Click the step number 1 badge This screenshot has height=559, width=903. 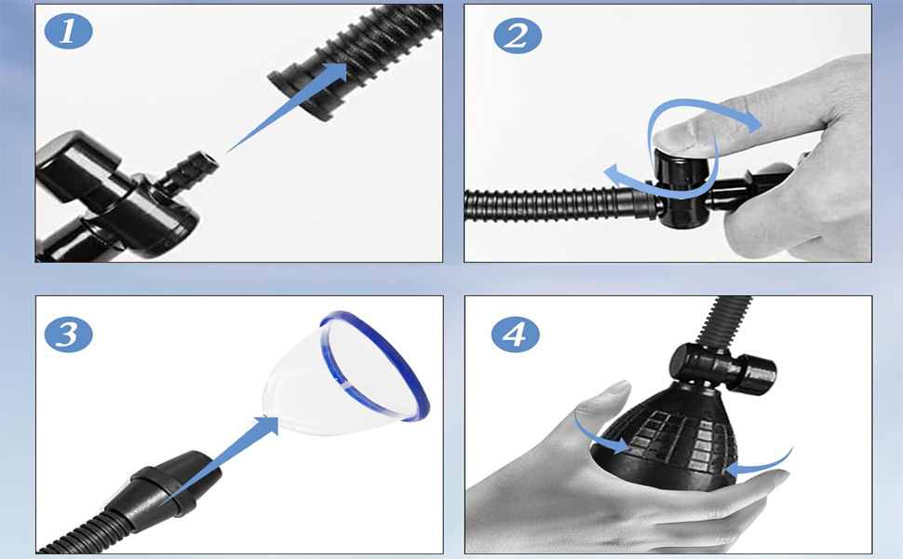coord(69,31)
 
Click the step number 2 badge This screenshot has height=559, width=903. coord(518,35)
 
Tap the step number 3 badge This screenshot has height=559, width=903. coord(69,334)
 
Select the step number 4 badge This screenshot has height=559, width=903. coord(516,334)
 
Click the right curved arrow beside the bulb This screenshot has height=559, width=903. coord(761,464)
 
